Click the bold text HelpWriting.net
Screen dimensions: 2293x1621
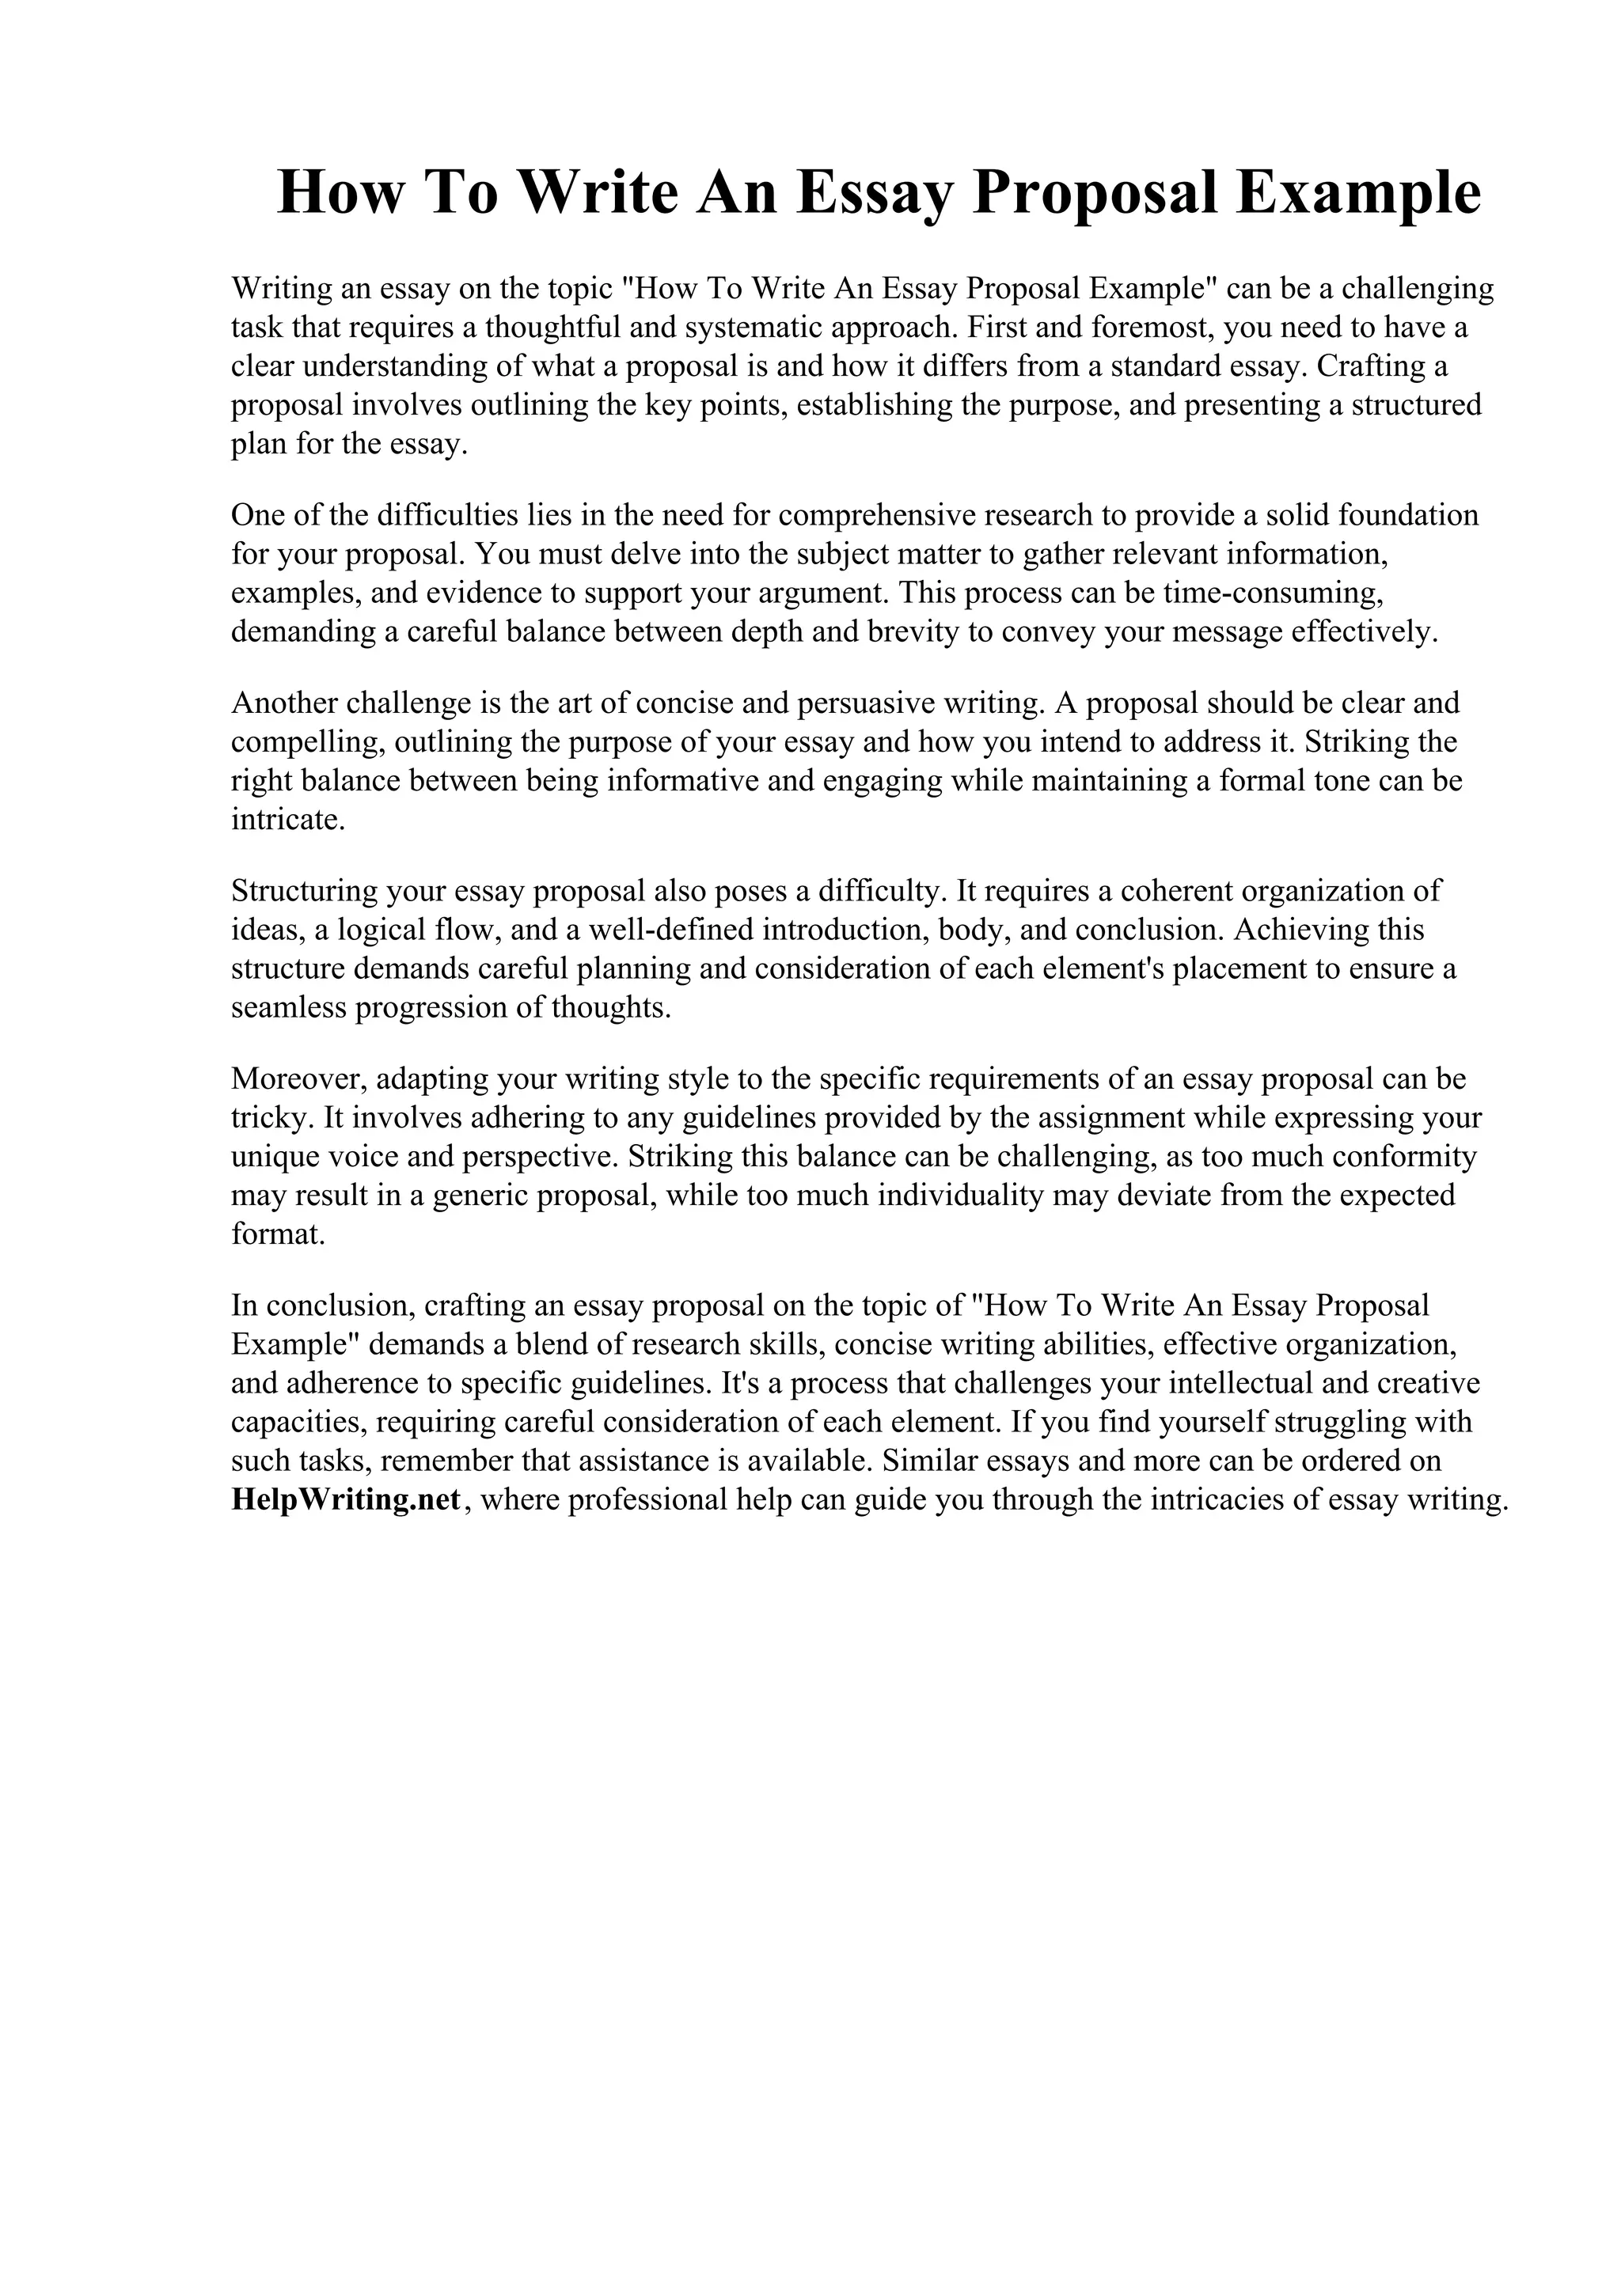347,1500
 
